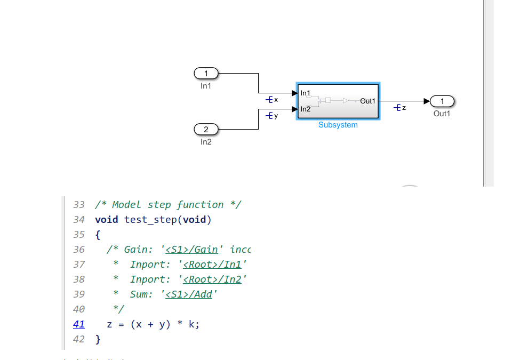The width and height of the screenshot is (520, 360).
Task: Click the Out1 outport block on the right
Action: coord(442,101)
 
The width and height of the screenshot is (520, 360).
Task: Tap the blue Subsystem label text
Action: coord(338,125)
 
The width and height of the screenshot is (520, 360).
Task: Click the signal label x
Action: coord(276,100)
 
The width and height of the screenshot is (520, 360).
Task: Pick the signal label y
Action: coord(276,116)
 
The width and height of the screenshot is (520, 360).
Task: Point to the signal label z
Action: coord(404,108)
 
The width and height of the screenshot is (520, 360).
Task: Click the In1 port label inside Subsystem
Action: coord(306,93)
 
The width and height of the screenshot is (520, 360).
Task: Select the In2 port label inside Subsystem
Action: coord(306,109)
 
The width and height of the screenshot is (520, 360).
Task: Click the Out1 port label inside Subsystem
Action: coord(367,101)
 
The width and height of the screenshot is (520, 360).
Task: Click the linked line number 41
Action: coord(78,324)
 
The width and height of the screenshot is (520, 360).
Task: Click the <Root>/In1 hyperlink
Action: coord(212,265)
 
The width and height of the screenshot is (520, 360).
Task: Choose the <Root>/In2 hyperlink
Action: coord(212,279)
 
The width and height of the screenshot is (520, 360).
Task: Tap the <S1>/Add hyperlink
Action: coord(189,294)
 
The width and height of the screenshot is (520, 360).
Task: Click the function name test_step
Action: coord(149,220)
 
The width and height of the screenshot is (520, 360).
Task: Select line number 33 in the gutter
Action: coord(79,205)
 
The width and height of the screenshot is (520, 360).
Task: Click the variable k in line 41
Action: coord(192,324)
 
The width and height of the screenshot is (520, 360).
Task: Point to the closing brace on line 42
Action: coord(98,339)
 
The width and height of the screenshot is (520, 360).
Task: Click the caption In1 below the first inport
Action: coord(206,86)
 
